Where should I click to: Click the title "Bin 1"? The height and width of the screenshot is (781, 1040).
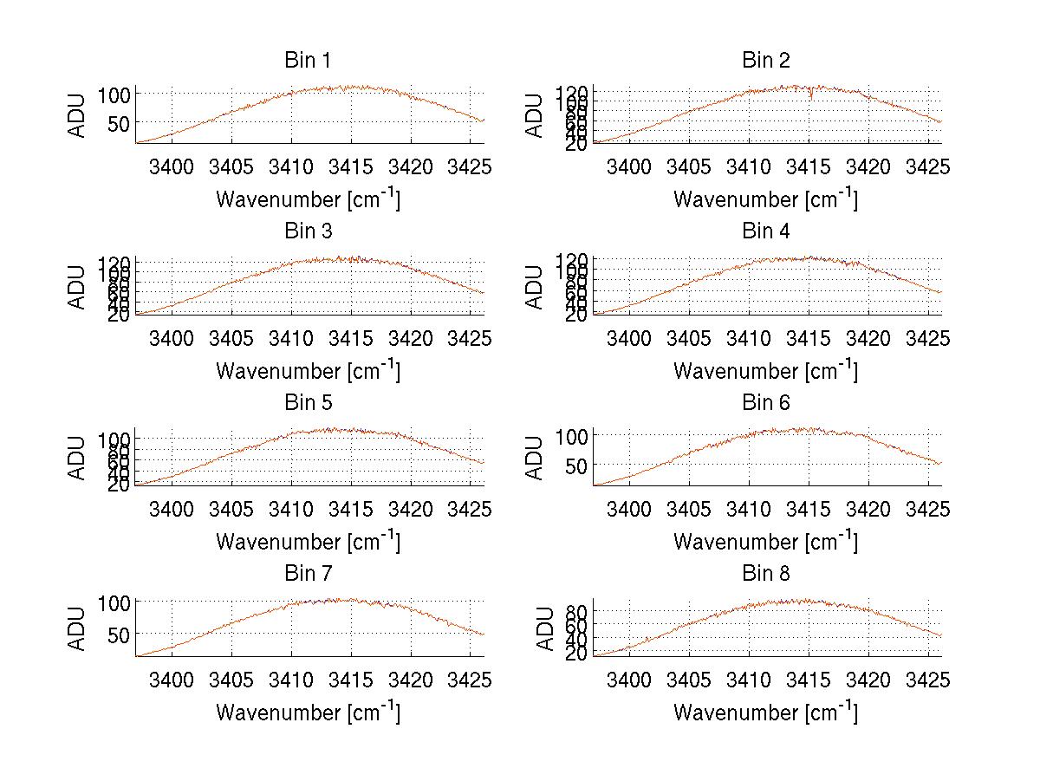pyautogui.click(x=307, y=60)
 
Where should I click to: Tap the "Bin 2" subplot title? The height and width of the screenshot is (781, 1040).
pyautogui.click(x=765, y=60)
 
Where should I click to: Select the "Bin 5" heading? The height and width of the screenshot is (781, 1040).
pyautogui.click(x=307, y=402)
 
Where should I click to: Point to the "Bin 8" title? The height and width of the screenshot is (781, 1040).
pyautogui.click(x=765, y=573)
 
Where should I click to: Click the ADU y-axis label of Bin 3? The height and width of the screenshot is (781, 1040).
pyautogui.click(x=77, y=287)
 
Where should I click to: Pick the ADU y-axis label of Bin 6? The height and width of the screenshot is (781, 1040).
pyautogui.click(x=535, y=458)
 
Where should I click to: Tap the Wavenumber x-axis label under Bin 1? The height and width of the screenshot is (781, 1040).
pyautogui.click(x=308, y=199)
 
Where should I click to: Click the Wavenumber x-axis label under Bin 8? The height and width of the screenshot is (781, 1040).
pyautogui.click(x=765, y=713)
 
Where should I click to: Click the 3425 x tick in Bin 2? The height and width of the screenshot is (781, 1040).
pyautogui.click(x=928, y=166)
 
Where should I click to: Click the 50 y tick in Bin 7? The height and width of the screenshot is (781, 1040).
pyautogui.click(x=119, y=634)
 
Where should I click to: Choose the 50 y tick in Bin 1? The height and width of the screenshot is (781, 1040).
pyautogui.click(x=119, y=123)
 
